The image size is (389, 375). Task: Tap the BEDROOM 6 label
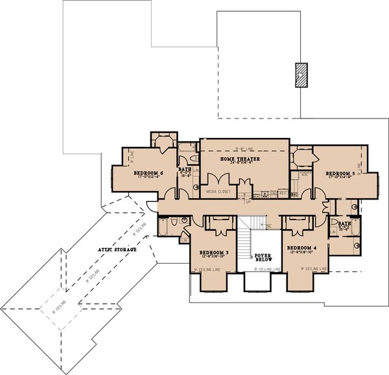click(x=147, y=174)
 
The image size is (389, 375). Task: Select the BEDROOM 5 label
click(x=340, y=174)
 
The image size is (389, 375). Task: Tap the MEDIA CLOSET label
click(x=218, y=192)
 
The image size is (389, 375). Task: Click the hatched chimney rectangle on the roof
click(x=300, y=74)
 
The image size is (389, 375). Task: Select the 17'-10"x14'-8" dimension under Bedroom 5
click(x=340, y=179)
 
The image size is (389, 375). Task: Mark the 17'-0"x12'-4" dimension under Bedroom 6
click(x=147, y=179)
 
